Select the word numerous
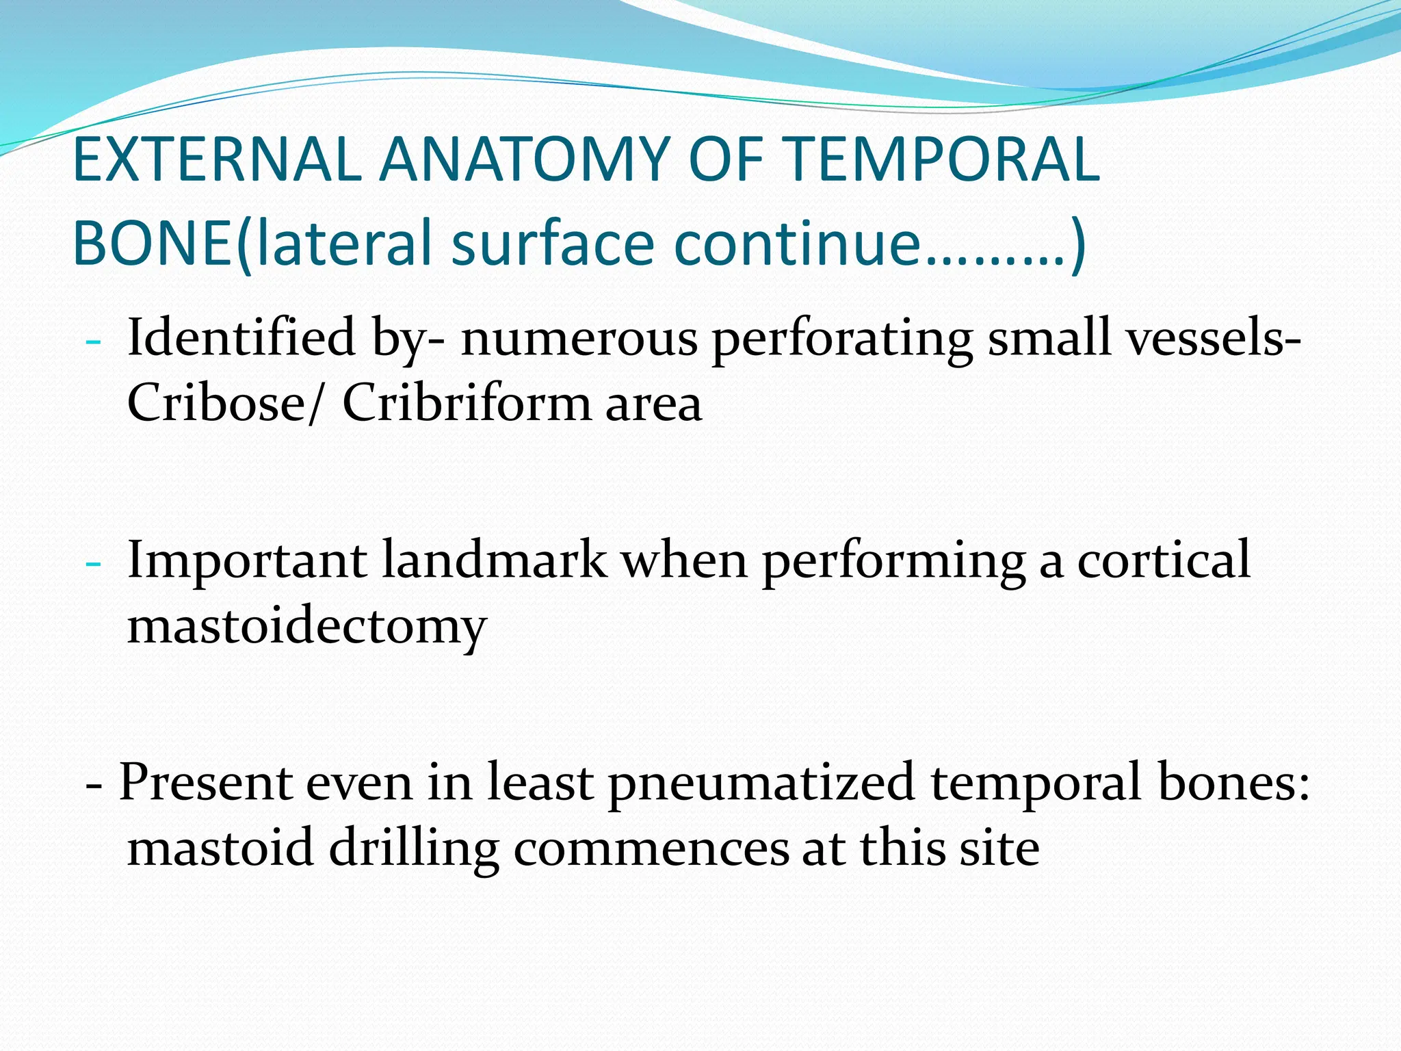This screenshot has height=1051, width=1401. (579, 339)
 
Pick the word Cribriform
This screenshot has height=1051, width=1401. (465, 402)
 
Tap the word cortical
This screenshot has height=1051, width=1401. (1164, 560)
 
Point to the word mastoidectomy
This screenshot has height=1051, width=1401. (306, 627)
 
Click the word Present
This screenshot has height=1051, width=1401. (206, 782)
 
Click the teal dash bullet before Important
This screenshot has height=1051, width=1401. (94, 564)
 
